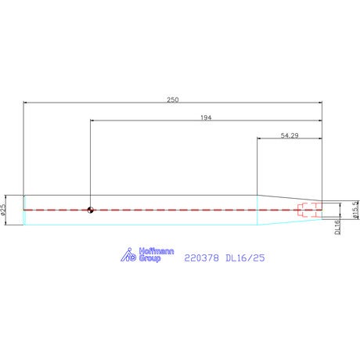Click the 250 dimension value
tap(173, 99)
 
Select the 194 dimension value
tap(206, 117)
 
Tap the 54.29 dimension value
tap(290, 135)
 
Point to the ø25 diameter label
tap(3, 210)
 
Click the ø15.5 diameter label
tap(355, 210)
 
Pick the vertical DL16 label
tap(337, 227)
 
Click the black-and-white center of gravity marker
tap(90, 210)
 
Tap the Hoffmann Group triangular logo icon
tap(128, 254)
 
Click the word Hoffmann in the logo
tap(157, 251)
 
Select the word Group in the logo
tap(150, 258)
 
